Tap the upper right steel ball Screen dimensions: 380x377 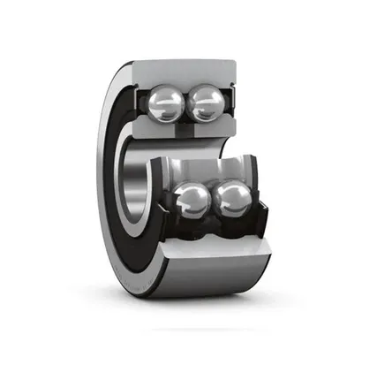pos(205,103)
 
